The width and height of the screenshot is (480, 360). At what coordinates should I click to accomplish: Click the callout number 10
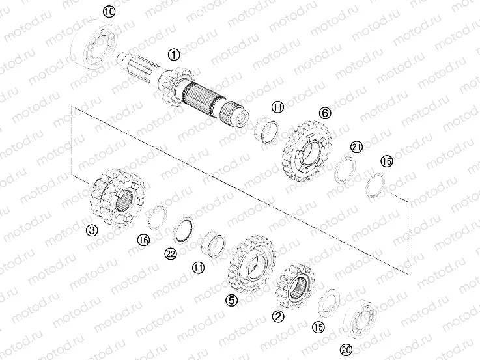[x=108, y=11]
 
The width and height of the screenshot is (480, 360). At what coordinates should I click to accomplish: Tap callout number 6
[x=323, y=112]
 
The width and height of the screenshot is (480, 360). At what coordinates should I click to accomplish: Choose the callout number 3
[x=92, y=230]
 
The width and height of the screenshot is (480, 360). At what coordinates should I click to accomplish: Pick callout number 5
[x=230, y=300]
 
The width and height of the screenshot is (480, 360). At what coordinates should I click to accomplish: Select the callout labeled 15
[x=318, y=327]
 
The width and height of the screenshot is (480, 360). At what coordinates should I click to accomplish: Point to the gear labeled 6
[x=304, y=149]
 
